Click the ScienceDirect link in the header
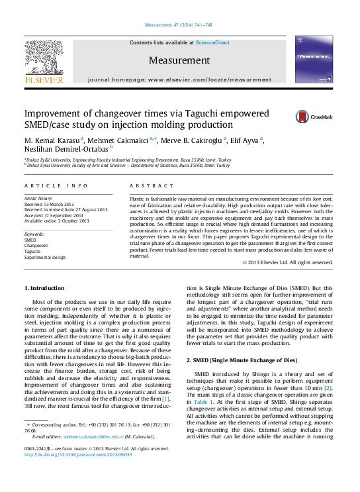(x=212, y=42)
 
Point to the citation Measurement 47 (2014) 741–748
(x=179, y=25)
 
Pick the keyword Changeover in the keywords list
(x=37, y=244)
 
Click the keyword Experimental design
(x=45, y=256)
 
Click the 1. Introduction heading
(x=44, y=288)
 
